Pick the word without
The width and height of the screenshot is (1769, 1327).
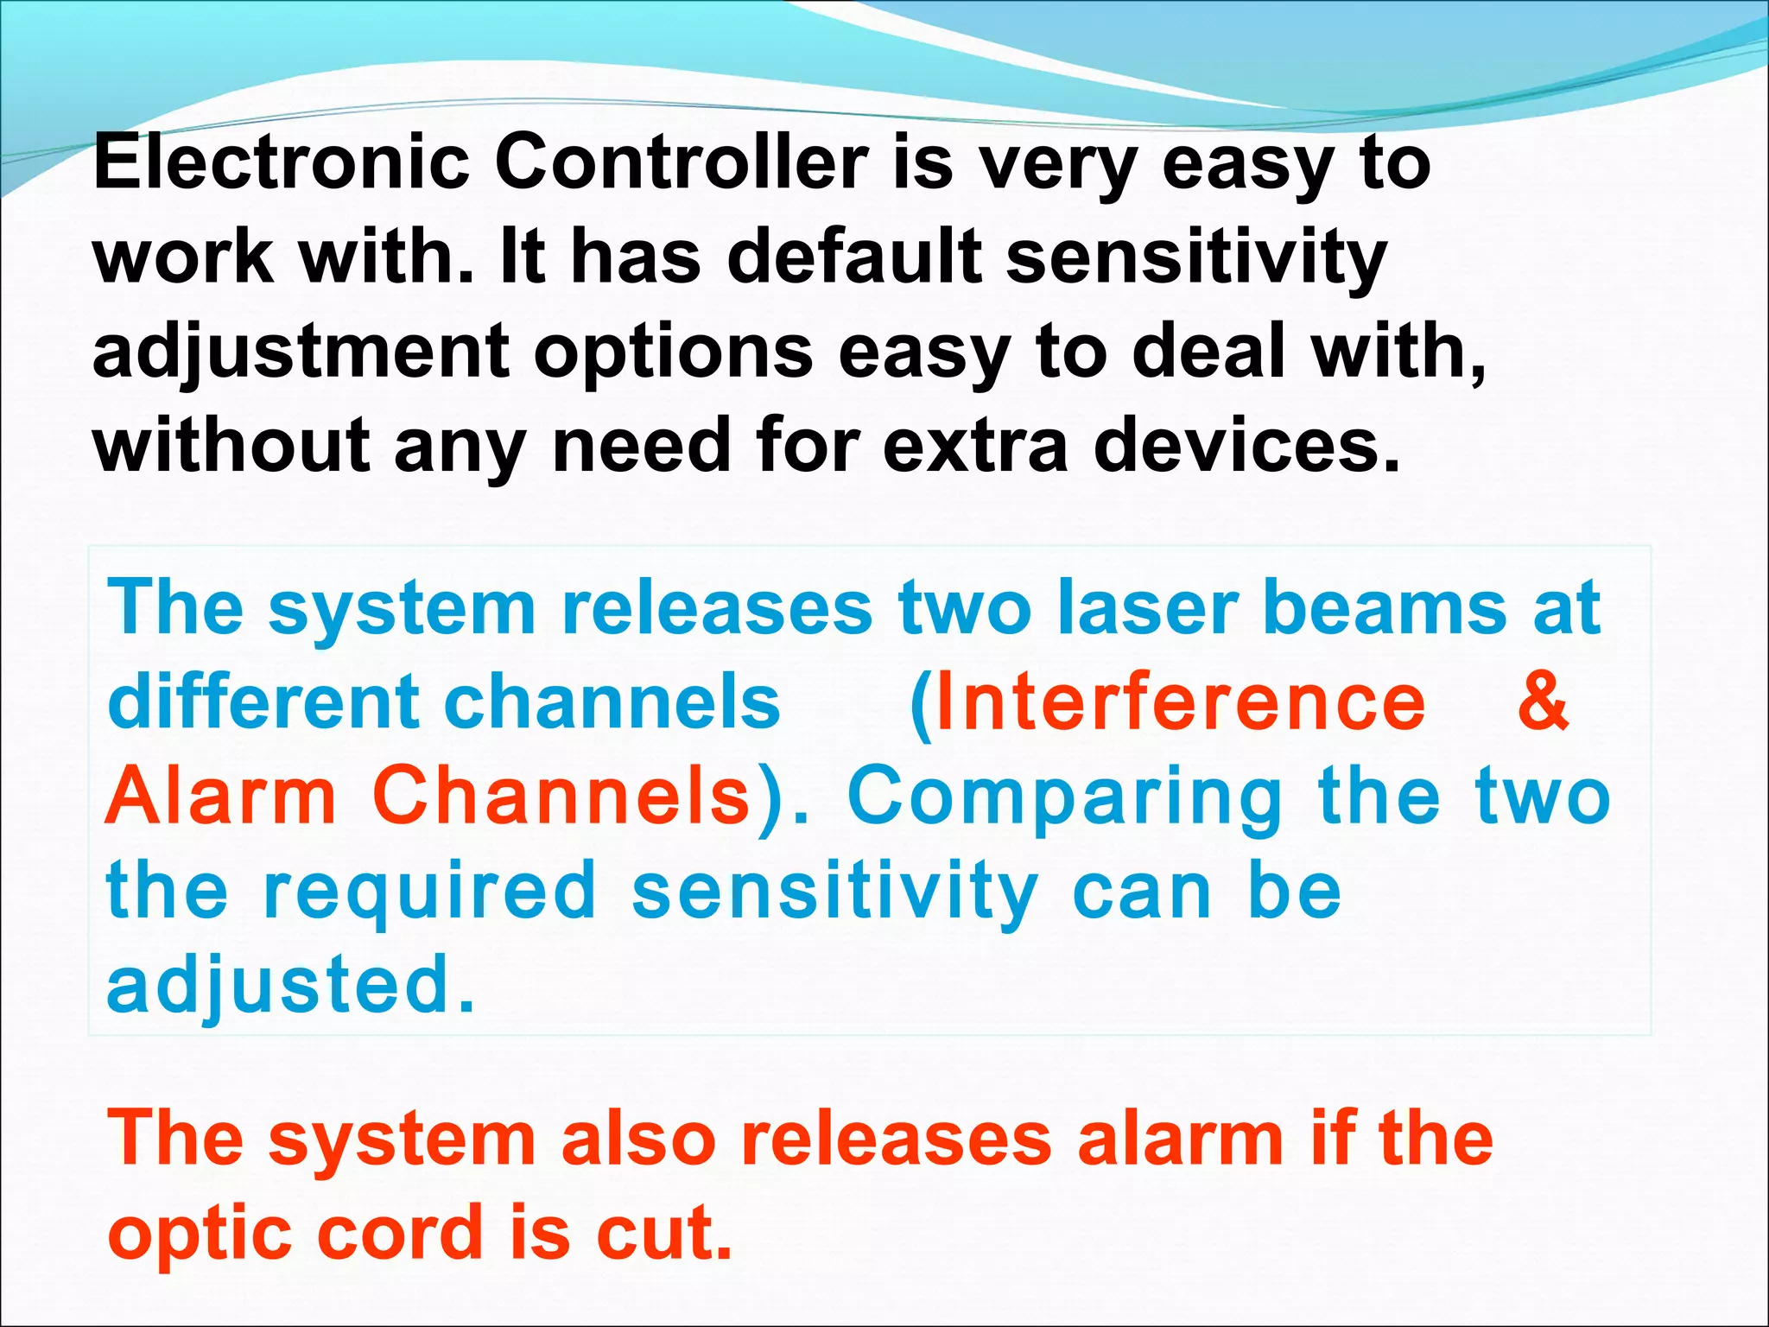point(231,446)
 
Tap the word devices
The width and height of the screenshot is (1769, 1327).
point(1246,446)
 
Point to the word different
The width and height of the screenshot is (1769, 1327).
point(263,701)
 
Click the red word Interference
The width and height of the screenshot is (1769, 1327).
point(1180,702)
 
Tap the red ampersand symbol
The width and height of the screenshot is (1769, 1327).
point(1543,701)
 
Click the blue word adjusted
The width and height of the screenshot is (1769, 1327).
point(290,987)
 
